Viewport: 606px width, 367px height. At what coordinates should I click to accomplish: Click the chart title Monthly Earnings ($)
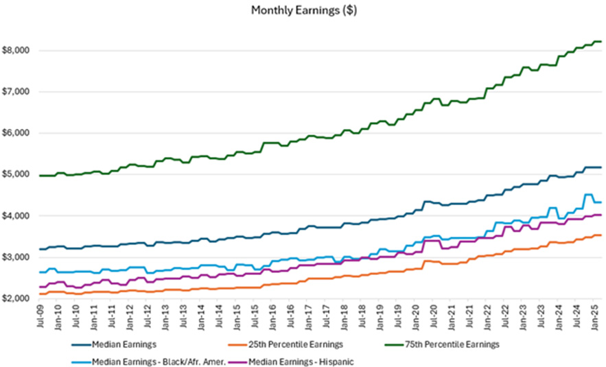point(303,10)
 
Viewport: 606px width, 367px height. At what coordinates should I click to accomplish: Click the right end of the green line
point(601,42)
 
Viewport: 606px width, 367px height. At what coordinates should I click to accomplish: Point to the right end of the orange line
point(601,235)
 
